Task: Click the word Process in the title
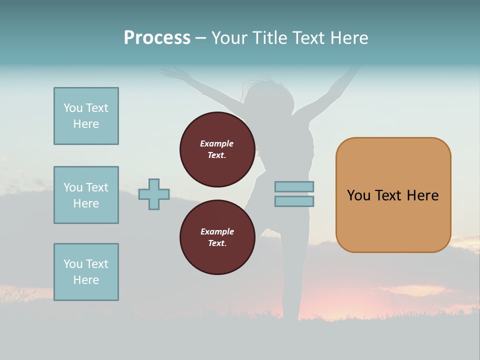tap(157, 38)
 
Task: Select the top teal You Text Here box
tap(86, 116)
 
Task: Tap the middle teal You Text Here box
tap(86, 195)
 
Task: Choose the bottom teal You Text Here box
tap(86, 272)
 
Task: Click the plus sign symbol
tap(154, 194)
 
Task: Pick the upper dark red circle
tap(217, 149)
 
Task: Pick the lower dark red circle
tap(217, 237)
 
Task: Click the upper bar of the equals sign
tap(294, 187)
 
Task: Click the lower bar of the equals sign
tap(294, 201)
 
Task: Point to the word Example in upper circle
tap(217, 143)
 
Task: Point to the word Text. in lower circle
tap(217, 243)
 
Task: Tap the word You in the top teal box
tap(72, 108)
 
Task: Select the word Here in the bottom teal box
tap(86, 280)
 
